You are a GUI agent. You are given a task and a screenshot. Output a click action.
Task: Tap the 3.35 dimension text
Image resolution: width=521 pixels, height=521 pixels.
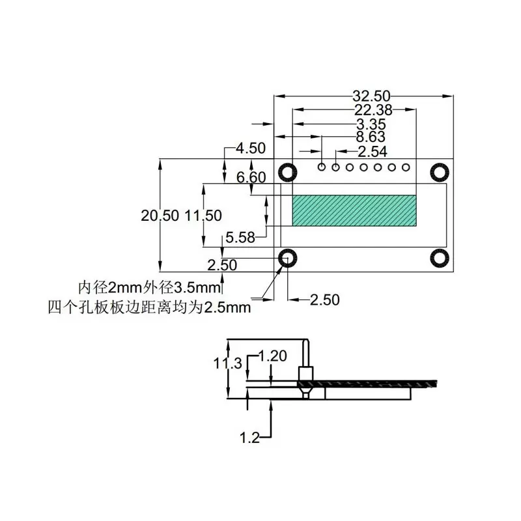pos(371,124)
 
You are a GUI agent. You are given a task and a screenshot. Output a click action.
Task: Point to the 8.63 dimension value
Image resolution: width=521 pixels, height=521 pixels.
pos(371,137)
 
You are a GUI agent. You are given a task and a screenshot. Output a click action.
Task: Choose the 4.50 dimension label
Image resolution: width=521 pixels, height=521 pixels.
pos(251,148)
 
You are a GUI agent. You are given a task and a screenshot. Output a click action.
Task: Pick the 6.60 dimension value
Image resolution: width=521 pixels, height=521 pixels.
pos(251,177)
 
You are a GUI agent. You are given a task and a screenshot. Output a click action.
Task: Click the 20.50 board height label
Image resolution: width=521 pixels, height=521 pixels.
pos(160,216)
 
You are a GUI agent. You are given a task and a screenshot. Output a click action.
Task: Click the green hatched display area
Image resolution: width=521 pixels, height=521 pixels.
pos(354,210)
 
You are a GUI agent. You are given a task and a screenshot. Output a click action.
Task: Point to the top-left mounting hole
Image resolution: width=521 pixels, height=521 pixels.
pos(287,172)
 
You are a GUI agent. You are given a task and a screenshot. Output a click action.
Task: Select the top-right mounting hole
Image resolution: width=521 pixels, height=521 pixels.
pos(440,172)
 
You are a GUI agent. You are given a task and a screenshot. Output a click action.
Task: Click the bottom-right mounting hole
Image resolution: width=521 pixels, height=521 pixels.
pos(440,258)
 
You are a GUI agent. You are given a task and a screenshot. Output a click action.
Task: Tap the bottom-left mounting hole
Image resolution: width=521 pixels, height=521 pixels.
pos(287,258)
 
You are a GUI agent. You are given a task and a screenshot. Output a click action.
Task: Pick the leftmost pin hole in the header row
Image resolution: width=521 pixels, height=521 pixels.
pos(322,167)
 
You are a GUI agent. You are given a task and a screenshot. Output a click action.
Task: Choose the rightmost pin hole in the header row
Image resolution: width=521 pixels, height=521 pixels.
pos(408,167)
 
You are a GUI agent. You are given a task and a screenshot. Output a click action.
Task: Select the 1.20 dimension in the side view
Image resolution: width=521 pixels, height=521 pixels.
pos(273,356)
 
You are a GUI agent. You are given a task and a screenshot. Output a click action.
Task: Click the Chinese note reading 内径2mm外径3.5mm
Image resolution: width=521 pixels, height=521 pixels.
pos(149,287)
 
